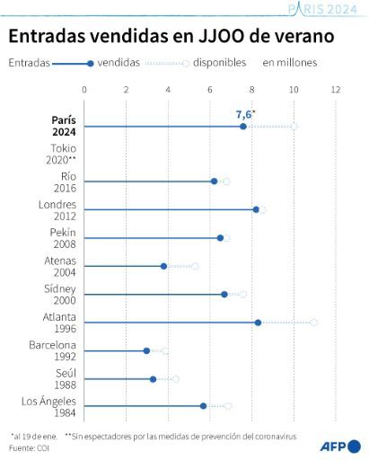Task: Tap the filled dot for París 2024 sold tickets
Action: pyautogui.click(x=243, y=126)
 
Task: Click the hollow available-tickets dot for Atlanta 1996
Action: pyautogui.click(x=313, y=322)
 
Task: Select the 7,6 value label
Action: pyautogui.click(x=244, y=114)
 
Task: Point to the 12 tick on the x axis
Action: pyautogui.click(x=336, y=90)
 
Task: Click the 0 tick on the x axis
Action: pyautogui.click(x=84, y=90)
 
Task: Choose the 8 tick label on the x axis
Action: pyautogui.click(x=252, y=90)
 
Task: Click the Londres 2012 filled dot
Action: pyautogui.click(x=256, y=209)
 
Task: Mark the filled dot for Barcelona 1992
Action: pyautogui.click(x=146, y=350)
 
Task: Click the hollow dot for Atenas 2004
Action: pyautogui.click(x=195, y=266)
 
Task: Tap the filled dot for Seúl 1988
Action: pyautogui.click(x=154, y=378)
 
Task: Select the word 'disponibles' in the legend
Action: pyautogui.click(x=219, y=64)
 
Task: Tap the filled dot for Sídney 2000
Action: pyautogui.click(x=224, y=294)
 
